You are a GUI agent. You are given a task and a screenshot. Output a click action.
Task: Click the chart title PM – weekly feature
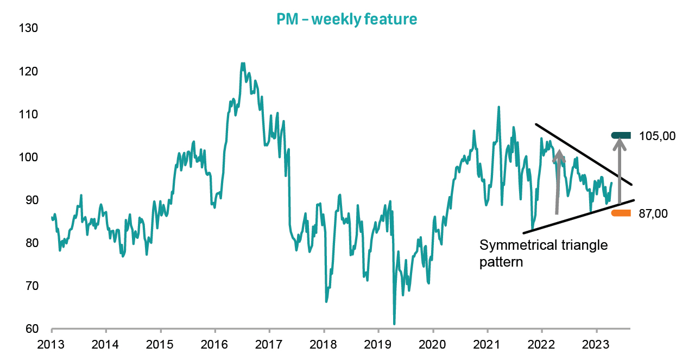(347, 20)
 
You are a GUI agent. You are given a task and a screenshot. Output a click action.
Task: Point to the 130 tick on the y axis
(28, 28)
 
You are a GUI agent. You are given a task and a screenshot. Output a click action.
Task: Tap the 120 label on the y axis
(28, 71)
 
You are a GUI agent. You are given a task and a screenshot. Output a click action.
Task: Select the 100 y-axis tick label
(28, 157)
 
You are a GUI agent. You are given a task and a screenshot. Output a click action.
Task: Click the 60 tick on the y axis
(30, 329)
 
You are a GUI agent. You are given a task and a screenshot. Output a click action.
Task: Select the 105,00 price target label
(658, 136)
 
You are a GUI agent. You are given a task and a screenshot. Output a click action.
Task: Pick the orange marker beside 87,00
(621, 213)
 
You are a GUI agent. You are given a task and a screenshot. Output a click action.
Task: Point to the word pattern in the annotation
(501, 263)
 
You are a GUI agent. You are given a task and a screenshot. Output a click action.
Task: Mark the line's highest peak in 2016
(242, 63)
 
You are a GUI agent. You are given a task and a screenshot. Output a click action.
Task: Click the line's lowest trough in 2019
(394, 324)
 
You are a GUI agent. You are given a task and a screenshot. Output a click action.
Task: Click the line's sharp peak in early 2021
(498, 107)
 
